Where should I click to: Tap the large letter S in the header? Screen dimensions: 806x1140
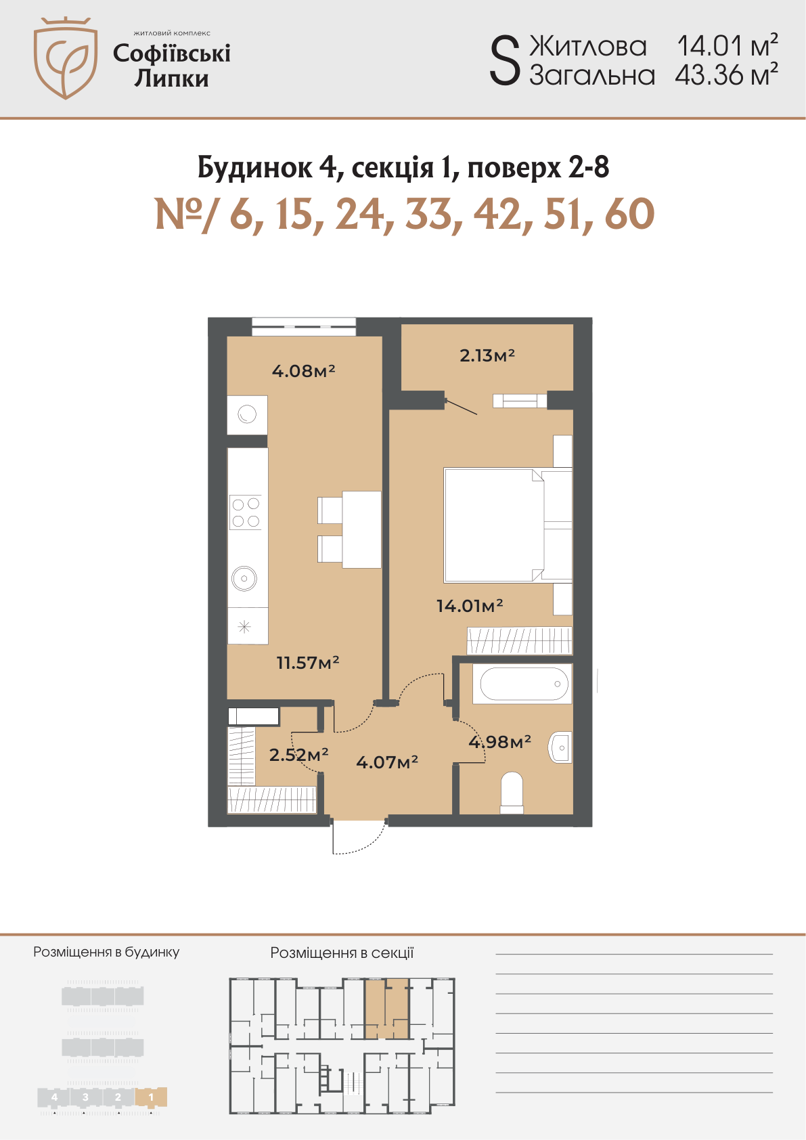pos(505,62)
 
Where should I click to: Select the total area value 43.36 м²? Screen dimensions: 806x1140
pos(726,74)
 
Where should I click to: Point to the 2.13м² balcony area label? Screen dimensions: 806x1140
pos(487,355)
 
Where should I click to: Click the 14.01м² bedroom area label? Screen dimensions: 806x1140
pos(470,605)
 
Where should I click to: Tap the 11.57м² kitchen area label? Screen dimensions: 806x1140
pos(307,662)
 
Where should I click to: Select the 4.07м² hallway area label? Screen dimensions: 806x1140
pos(386,762)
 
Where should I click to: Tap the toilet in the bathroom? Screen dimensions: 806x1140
pos(512,793)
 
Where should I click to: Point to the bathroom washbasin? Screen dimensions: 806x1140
pos(560,747)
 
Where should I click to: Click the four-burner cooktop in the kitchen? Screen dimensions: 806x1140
pos(246,512)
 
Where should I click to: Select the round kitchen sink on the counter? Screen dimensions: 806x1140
pos(244,578)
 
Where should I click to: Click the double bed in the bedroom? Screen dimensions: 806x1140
pos(508,525)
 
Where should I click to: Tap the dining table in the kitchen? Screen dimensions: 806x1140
pos(361,529)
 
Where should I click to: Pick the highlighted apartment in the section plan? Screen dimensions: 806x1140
pos(386,1008)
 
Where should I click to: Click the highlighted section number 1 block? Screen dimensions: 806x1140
pos(151,1097)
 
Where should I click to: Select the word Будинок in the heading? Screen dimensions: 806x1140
pos(254,167)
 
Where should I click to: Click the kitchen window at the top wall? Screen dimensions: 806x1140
pos(303,326)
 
